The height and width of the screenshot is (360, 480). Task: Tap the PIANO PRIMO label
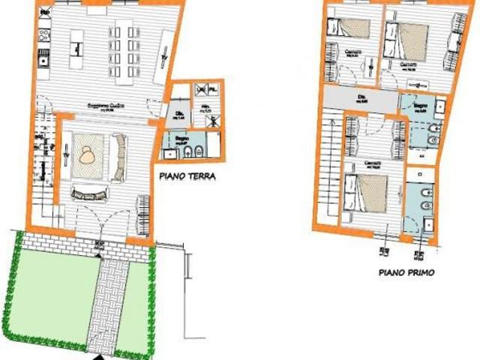[x=406, y=273]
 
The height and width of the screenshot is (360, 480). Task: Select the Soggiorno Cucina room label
[x=104, y=105]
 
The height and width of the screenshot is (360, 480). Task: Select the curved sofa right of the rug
[x=119, y=155]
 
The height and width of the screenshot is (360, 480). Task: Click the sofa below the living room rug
[x=91, y=193]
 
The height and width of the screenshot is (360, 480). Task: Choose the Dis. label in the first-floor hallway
[x=362, y=97]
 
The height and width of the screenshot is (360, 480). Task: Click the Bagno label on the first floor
[x=419, y=106]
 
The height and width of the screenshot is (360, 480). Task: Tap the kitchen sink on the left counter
[x=43, y=57]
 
